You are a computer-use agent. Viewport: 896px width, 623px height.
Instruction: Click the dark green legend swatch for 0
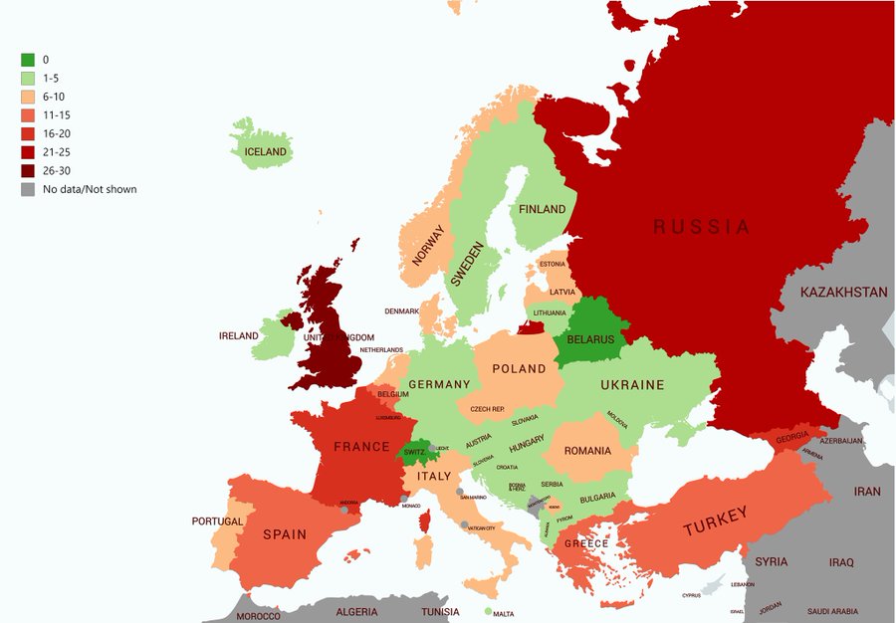[28, 60]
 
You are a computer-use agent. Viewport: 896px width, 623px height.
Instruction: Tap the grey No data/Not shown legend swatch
[28, 189]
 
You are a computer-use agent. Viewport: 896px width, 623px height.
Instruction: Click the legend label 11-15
[57, 115]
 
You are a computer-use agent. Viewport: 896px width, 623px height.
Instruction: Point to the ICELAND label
[266, 152]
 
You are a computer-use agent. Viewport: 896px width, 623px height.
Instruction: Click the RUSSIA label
[701, 227]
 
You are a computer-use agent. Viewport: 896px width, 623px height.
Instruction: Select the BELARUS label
[590, 339]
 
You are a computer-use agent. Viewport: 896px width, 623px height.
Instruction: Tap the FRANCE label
[361, 447]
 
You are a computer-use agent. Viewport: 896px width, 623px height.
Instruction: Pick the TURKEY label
[714, 516]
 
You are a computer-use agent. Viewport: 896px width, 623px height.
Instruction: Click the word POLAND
[519, 368]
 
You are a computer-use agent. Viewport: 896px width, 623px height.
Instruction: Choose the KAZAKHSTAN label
[842, 293]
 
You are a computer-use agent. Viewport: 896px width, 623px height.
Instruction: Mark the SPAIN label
[285, 534]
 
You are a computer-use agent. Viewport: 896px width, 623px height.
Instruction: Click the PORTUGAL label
[217, 521]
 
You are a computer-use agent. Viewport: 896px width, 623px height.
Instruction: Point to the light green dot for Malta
[488, 611]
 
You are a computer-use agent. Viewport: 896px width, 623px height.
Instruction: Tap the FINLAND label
[542, 209]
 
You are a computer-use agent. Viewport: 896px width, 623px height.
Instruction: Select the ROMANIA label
[587, 451]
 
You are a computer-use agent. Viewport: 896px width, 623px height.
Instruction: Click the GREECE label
[586, 544]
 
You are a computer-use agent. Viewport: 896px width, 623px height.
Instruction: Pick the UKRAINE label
[632, 385]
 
